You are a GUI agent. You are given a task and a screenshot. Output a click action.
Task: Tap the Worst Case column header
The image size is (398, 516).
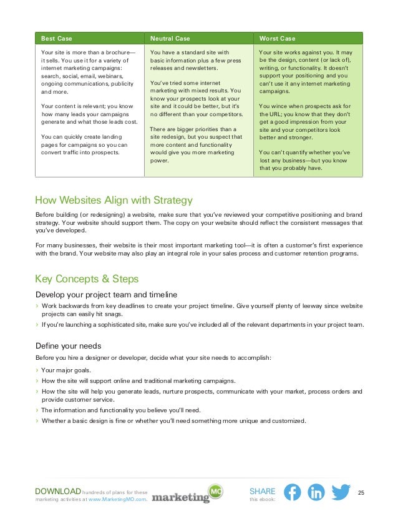[x=277, y=38]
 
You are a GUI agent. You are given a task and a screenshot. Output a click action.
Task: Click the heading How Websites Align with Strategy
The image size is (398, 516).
[x=114, y=201]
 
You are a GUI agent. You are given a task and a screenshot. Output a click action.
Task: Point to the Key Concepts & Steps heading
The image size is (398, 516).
[x=87, y=279]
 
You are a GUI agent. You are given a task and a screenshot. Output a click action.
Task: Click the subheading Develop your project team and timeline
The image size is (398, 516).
[x=106, y=294]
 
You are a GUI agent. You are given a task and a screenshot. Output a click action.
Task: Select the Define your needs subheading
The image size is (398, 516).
[x=68, y=345]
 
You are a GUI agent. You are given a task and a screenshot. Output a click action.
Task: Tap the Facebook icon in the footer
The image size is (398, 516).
[x=292, y=492]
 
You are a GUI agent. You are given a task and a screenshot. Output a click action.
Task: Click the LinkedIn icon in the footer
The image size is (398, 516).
[x=316, y=492]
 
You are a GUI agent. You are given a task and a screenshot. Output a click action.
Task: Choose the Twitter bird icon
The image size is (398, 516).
[x=341, y=492]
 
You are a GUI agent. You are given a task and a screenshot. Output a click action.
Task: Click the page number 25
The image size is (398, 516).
[x=361, y=494]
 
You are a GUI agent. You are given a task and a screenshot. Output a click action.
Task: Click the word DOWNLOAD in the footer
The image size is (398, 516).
[x=58, y=492]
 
